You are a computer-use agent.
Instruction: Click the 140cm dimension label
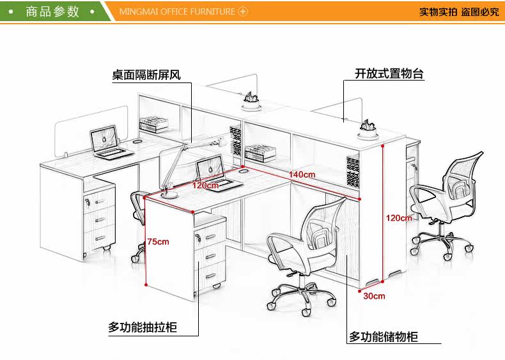click(302, 174)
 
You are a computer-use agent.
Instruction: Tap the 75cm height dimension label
click(158, 241)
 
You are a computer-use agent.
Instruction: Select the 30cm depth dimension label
click(374, 295)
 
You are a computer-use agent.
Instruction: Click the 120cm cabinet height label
click(398, 218)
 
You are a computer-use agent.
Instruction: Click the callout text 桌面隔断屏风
click(146, 75)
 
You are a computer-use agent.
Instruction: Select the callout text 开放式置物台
click(389, 74)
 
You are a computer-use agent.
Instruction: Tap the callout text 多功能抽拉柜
click(142, 328)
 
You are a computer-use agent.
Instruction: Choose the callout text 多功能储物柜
click(384, 336)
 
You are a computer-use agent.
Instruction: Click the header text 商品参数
click(52, 12)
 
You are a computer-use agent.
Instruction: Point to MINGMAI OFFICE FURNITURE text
click(177, 12)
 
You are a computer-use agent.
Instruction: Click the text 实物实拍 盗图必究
click(459, 12)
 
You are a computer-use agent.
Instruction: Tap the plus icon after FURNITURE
click(242, 12)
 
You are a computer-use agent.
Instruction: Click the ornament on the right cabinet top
click(368, 123)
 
